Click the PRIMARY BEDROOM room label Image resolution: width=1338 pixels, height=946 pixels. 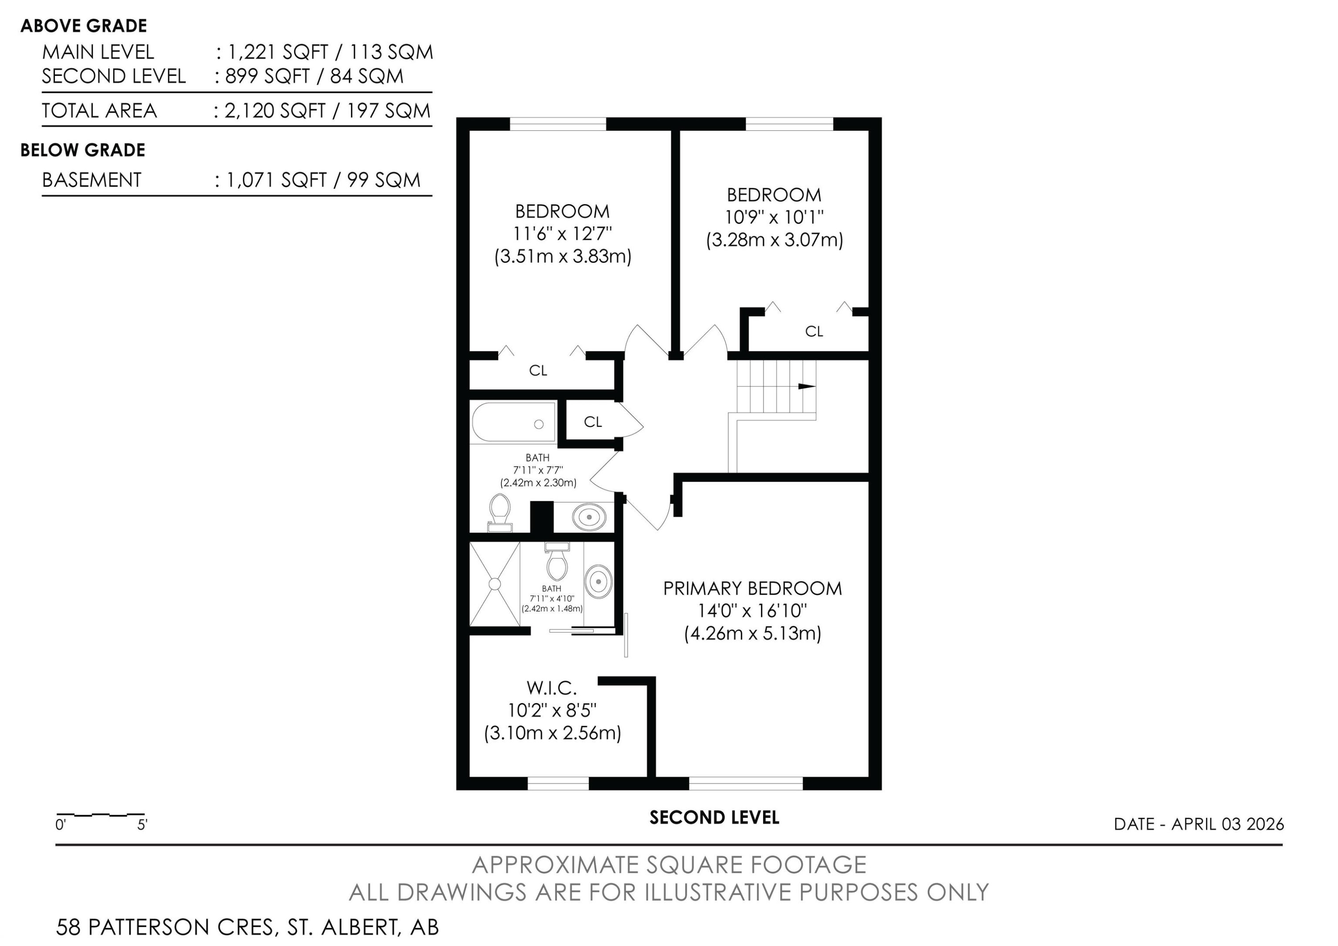click(752, 588)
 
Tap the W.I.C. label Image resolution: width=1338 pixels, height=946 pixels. click(551, 688)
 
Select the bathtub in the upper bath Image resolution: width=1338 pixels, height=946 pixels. click(513, 423)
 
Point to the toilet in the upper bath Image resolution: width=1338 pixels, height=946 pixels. click(500, 512)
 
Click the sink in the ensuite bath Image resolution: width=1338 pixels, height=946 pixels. click(599, 581)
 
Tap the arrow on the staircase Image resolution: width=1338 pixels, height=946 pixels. click(806, 386)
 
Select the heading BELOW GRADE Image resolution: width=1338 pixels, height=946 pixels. click(83, 150)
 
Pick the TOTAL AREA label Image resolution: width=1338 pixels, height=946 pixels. click(99, 110)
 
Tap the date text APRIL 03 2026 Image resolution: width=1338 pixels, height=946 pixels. click(1227, 824)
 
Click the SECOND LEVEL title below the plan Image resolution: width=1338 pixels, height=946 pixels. click(714, 818)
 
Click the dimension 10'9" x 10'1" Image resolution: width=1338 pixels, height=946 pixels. click(774, 217)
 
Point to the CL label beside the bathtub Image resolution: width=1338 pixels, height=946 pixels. click(593, 422)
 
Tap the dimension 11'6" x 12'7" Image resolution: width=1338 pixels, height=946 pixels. click(562, 233)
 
